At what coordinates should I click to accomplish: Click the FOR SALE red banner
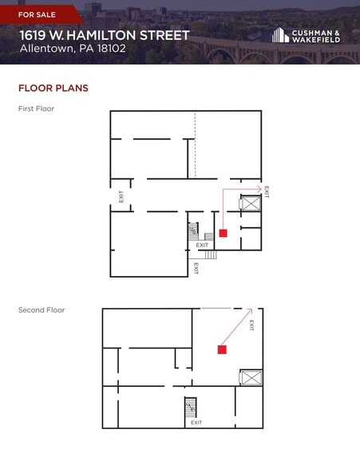tap(42, 14)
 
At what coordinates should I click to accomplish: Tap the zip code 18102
tap(111, 49)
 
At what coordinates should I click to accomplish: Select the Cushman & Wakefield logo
tap(306, 35)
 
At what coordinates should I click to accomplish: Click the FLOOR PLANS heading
tap(53, 88)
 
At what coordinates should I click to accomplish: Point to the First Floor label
tap(36, 108)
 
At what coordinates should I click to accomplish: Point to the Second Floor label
tap(42, 309)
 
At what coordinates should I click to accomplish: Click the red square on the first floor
tap(223, 233)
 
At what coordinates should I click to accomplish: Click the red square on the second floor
tap(222, 349)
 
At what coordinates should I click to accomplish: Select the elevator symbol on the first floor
tap(251, 203)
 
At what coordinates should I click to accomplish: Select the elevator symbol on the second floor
tap(251, 377)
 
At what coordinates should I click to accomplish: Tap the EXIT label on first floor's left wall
tap(121, 196)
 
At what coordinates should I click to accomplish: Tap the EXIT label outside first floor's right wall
tap(267, 192)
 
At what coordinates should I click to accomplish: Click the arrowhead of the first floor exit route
tap(259, 189)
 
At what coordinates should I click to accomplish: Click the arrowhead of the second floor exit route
tap(250, 311)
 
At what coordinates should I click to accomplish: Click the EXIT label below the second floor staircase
tap(196, 423)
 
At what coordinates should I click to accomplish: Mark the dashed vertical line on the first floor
tap(195, 145)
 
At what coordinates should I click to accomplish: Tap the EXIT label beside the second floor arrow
tap(251, 325)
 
